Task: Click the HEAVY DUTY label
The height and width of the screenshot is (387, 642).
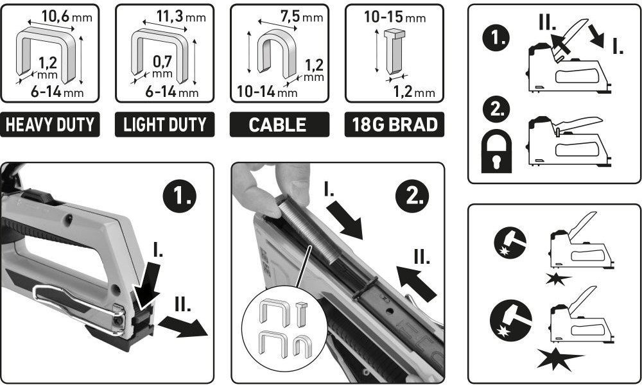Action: tap(50, 125)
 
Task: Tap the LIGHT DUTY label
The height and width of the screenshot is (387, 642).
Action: tap(164, 125)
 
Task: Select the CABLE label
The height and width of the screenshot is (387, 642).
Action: tap(279, 125)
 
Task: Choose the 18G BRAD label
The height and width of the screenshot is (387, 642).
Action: tap(394, 125)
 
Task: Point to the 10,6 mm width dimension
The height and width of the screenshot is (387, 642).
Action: tap(67, 17)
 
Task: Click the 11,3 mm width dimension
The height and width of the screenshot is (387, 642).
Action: tap(180, 17)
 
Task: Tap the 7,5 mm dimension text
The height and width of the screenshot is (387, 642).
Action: tap(301, 17)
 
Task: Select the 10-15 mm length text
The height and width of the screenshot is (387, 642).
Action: tap(395, 17)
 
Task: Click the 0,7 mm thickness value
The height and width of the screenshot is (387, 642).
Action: tap(162, 65)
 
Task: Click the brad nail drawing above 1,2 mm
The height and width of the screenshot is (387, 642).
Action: tap(394, 51)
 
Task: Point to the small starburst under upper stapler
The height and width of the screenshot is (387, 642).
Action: tap(559, 279)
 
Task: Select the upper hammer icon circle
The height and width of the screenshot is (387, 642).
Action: tap(510, 243)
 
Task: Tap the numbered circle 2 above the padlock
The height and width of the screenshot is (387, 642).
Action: tap(496, 109)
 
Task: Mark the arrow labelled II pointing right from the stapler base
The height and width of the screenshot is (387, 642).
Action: tap(183, 327)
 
